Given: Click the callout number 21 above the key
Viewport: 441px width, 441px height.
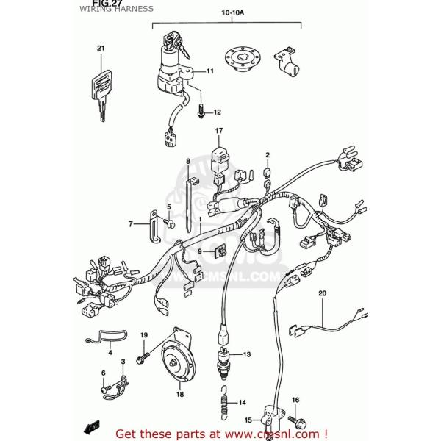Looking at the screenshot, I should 100,49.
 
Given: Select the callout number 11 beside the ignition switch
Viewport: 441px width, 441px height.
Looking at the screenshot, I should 209,71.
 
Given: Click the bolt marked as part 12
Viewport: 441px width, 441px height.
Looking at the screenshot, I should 200,112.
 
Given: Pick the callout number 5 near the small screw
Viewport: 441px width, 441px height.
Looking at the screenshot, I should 168,207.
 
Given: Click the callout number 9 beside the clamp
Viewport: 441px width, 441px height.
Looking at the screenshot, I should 198,251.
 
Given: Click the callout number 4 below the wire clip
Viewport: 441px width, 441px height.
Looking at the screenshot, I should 110,353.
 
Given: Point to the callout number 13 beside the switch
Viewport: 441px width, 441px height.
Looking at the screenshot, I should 246,354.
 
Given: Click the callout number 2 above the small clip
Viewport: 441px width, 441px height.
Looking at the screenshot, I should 268,155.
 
